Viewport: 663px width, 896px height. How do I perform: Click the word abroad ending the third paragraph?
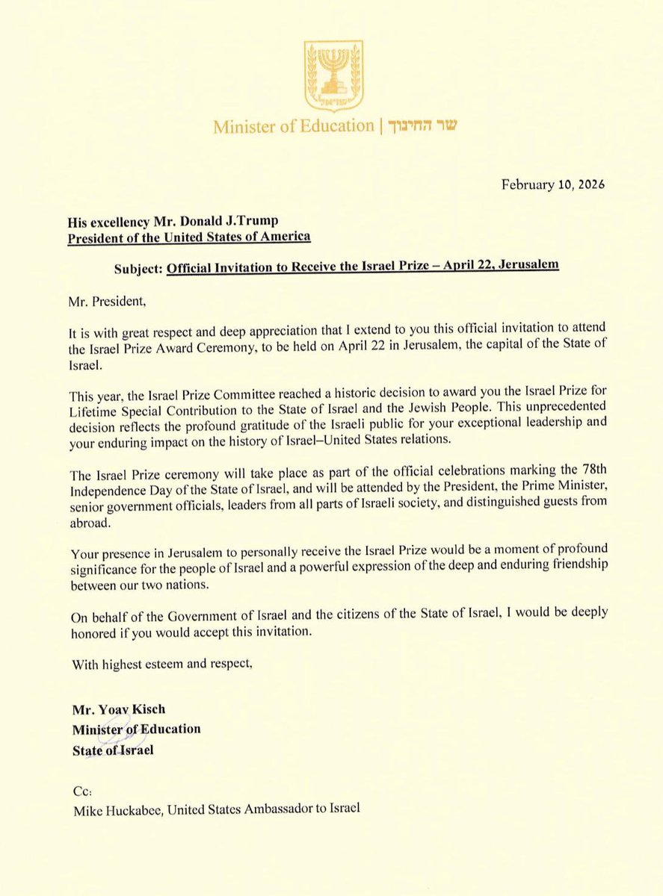(x=92, y=524)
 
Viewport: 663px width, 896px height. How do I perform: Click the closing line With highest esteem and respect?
(x=162, y=665)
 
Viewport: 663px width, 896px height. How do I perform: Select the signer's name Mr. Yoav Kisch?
(x=118, y=709)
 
